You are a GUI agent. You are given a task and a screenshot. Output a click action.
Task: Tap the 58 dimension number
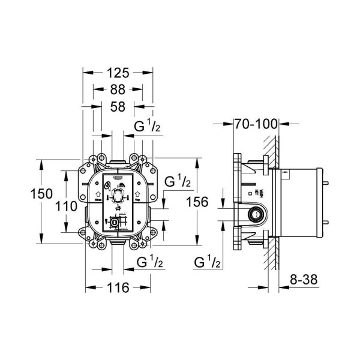pyautogui.click(x=119, y=108)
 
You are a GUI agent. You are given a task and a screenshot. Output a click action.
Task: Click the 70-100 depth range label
pyautogui.click(x=256, y=125)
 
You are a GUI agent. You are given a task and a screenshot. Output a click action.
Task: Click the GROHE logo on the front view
pyautogui.click(x=117, y=179)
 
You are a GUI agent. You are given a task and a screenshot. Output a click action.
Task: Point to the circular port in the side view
pyautogui.click(x=257, y=214)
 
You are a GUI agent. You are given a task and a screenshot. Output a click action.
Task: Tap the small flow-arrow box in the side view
pyautogui.click(x=285, y=175)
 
